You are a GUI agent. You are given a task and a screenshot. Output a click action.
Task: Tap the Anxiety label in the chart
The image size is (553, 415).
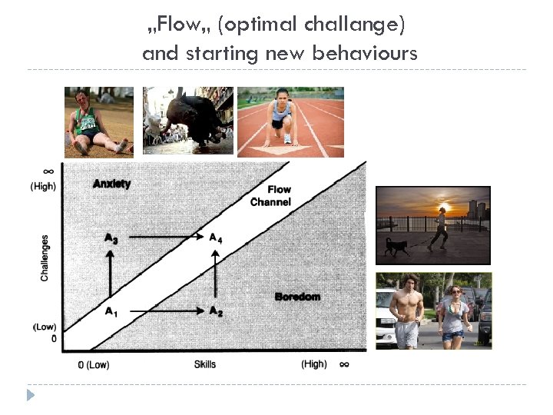tap(111, 184)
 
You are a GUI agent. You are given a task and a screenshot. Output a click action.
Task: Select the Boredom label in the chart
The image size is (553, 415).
tap(297, 297)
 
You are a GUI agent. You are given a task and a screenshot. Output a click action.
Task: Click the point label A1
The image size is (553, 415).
tap(111, 311)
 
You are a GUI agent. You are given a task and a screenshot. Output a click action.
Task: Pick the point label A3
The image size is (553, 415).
tap(111, 239)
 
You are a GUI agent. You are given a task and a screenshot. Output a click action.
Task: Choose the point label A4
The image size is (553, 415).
tap(216, 238)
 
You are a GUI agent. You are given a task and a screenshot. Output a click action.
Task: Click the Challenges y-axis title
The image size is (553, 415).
tap(45, 257)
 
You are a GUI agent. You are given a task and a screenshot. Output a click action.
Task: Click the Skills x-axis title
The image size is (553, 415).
tap(205, 364)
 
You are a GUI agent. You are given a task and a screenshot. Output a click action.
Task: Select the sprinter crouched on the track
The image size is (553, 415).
tap(282, 119)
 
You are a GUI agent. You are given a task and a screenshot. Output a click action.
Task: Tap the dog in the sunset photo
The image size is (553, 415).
tap(398, 246)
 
